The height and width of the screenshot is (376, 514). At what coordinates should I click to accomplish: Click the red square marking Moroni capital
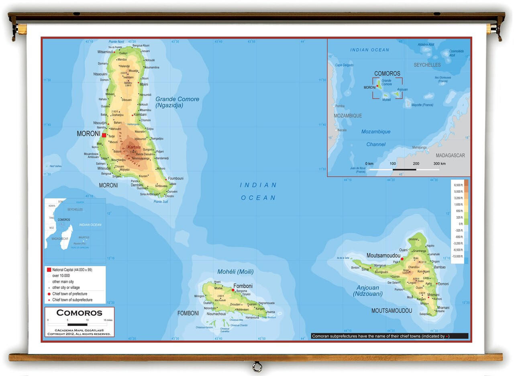104,135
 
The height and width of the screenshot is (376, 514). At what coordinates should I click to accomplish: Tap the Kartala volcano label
134,147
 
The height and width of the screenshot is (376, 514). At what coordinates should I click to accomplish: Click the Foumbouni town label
175,178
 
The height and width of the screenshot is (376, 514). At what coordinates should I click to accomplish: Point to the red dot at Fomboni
233,290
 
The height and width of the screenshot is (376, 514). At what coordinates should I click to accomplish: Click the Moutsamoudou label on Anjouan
383,255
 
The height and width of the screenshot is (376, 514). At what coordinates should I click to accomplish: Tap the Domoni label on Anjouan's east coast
443,284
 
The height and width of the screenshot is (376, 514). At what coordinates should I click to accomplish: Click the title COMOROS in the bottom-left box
79,313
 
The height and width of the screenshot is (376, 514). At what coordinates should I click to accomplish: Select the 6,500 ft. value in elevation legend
458,185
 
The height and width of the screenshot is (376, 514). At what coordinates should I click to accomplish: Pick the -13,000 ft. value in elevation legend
458,256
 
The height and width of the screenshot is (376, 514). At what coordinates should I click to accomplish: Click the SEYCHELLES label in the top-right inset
427,65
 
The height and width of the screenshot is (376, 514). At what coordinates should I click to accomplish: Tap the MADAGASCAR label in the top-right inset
450,155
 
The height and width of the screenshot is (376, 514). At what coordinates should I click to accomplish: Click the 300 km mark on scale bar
439,163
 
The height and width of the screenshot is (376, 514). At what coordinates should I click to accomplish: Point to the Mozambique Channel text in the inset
375,138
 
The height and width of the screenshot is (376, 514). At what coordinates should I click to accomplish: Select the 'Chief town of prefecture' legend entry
72,294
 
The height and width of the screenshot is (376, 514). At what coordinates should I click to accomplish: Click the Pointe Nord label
116,41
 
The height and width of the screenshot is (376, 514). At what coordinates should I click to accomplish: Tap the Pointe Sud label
161,202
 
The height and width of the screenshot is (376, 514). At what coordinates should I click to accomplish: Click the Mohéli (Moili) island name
235,272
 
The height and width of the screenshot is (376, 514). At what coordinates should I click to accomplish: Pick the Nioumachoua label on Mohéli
216,314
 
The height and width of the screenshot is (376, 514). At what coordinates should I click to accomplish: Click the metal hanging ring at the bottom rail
257,366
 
